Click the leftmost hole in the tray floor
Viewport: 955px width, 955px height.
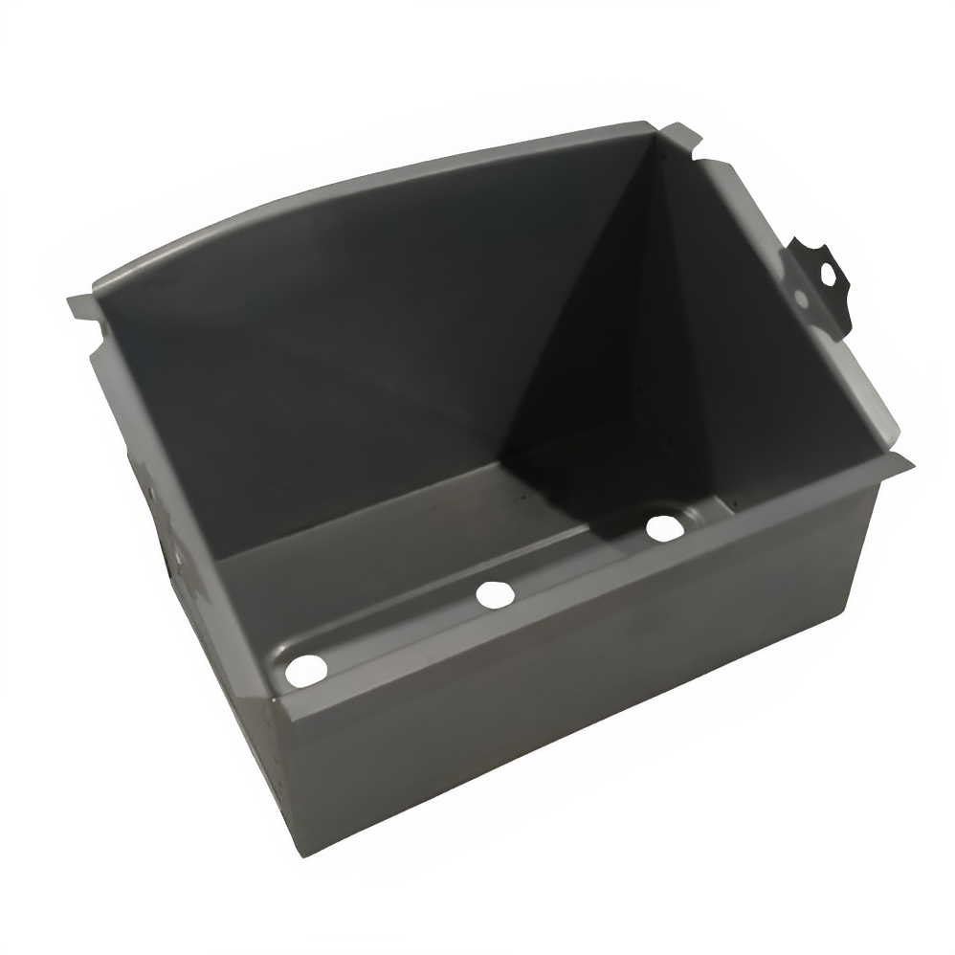pos(305,670)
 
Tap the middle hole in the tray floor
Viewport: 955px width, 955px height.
pos(495,594)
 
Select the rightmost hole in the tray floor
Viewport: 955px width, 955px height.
pos(662,527)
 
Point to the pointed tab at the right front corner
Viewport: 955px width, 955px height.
pos(899,466)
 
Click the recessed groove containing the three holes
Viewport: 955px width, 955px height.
pos(478,612)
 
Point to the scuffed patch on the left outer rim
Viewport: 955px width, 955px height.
pos(177,545)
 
